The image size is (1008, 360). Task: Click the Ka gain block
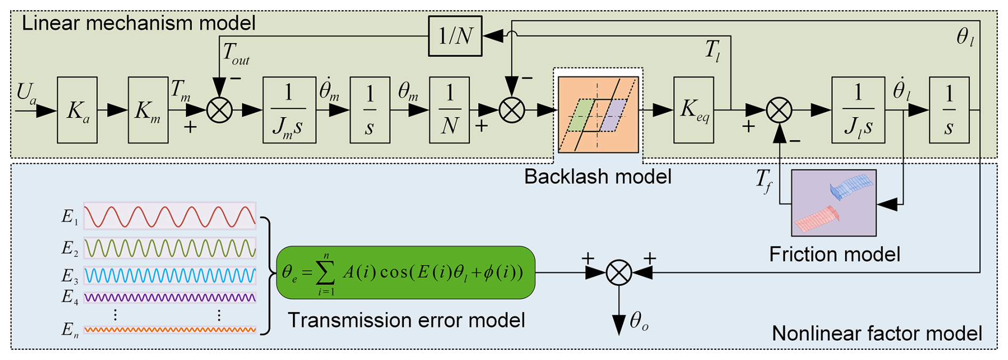coord(77,110)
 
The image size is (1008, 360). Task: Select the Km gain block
coord(148,110)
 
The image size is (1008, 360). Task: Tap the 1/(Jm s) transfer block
coord(289,110)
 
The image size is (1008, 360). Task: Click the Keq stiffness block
coord(694,110)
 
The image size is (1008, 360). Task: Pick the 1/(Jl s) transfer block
coord(858,110)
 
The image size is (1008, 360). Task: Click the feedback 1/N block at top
coord(455,36)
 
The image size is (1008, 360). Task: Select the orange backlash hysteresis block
coord(598,114)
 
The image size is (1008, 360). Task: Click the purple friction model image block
coord(834,203)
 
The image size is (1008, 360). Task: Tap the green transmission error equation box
coord(405,273)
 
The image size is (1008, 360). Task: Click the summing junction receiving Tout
coord(220,110)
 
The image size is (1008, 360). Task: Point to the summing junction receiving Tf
coord(779,110)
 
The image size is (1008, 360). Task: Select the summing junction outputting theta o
coord(619,273)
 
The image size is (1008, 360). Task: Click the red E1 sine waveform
coord(170,216)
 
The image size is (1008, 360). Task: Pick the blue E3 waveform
coord(170,275)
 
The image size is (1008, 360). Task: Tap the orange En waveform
coord(170,330)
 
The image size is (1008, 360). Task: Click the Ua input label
coord(26,93)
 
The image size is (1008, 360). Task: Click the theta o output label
coord(639,321)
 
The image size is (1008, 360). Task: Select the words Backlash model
coord(597,177)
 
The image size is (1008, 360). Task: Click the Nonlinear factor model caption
coord(876,334)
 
